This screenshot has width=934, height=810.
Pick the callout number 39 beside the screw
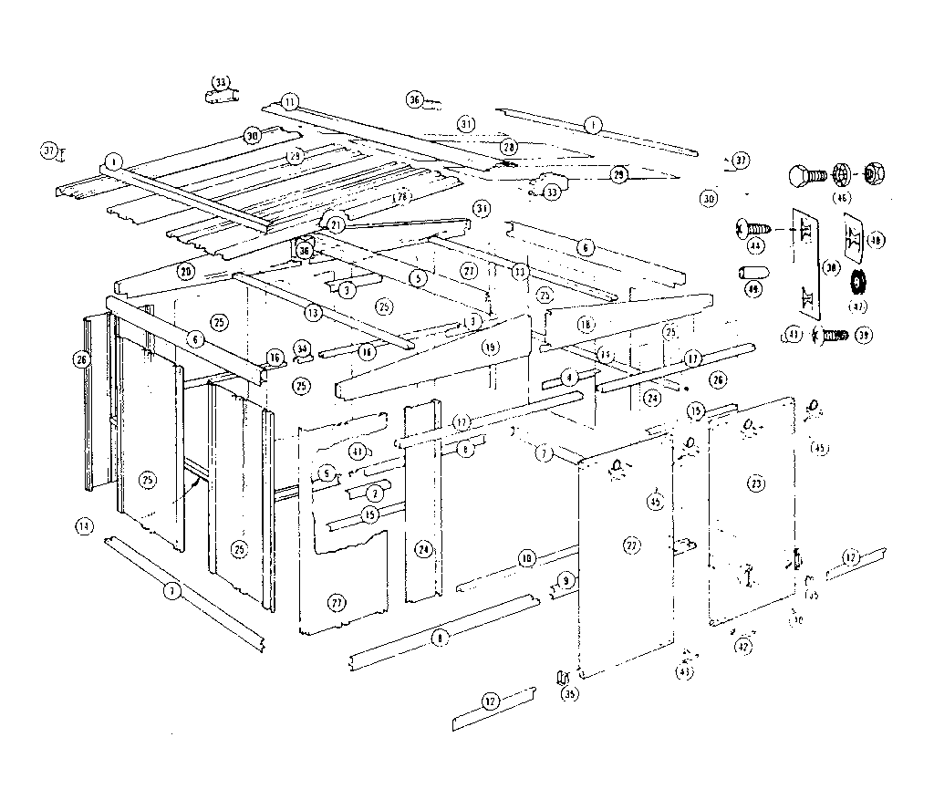(863, 335)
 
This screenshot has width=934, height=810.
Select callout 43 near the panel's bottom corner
(684, 672)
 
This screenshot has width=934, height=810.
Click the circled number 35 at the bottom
(569, 694)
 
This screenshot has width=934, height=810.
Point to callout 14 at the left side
(84, 525)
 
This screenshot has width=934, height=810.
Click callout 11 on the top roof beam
(289, 101)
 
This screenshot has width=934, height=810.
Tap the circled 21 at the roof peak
(336, 224)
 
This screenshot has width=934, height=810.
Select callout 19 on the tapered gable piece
(490, 347)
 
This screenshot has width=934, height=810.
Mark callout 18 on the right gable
(585, 325)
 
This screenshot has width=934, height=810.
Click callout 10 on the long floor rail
(525, 557)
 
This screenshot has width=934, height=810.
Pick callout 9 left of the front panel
(566, 579)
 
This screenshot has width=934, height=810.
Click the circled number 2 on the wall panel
(373, 493)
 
